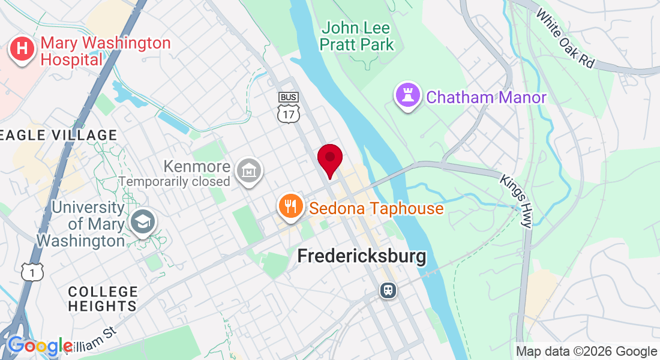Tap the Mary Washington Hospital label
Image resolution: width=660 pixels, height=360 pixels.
coord(105,51)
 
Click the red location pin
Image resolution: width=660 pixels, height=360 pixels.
coord(329,160)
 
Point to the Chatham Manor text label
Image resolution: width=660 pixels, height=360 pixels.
coord(486,97)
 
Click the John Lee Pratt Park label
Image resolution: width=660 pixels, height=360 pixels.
coord(357,36)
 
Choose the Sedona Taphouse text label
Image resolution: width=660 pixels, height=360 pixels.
coord(376,209)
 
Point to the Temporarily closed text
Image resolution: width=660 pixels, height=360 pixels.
coord(175,181)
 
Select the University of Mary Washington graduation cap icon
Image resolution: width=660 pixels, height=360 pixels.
coord(144,223)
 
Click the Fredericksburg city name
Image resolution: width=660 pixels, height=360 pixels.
coord(362,257)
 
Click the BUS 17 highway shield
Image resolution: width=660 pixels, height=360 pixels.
coord(288,108)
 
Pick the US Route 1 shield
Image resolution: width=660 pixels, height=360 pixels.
coord(31,272)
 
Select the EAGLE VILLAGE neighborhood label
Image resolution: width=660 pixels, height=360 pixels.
coord(59,135)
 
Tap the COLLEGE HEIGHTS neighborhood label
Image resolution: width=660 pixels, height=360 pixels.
coord(103,299)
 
